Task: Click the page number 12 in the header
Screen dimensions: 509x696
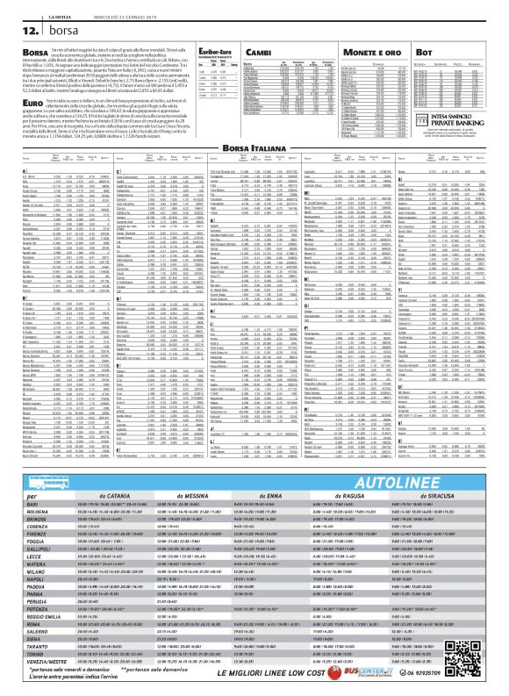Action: pyautogui.click(x=18, y=30)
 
